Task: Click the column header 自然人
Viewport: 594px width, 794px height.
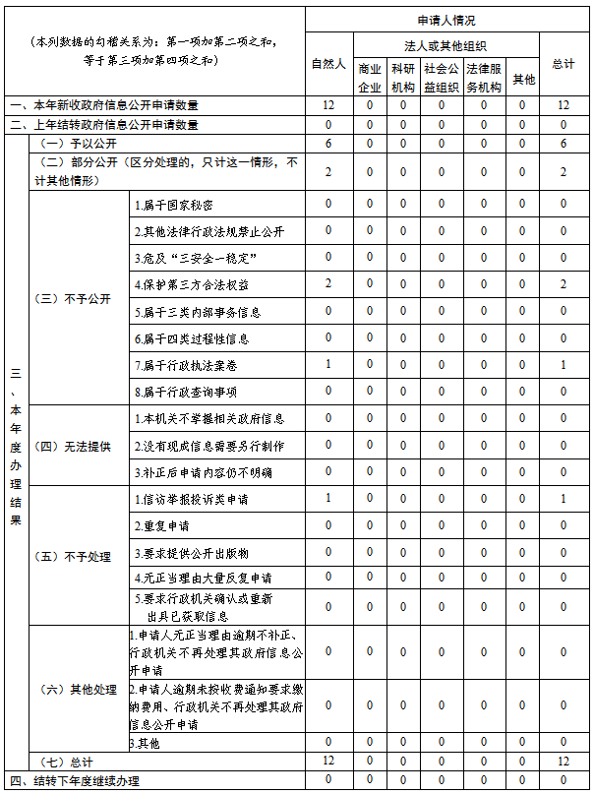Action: click(x=327, y=64)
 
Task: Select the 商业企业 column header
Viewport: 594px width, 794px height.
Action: click(x=370, y=78)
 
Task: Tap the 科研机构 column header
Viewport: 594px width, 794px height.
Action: click(x=403, y=78)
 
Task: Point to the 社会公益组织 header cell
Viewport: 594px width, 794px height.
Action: click(x=441, y=78)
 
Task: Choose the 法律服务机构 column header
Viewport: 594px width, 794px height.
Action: click(x=483, y=78)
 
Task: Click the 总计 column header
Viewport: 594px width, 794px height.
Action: click(x=564, y=64)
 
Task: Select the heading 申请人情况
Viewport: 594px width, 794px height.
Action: click(x=446, y=21)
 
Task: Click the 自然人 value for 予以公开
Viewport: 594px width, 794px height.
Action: click(x=327, y=144)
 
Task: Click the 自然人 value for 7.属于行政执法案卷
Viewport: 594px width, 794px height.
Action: click(x=327, y=365)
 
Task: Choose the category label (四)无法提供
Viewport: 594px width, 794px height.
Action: click(x=73, y=446)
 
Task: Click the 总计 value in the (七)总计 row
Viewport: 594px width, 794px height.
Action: click(x=564, y=762)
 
